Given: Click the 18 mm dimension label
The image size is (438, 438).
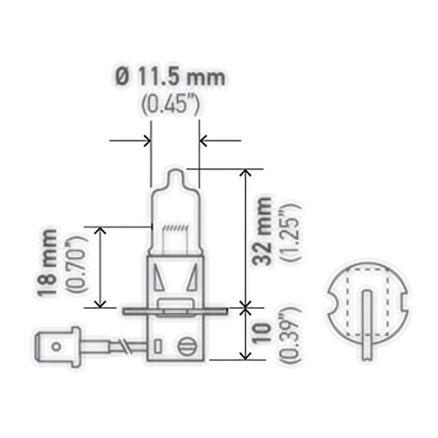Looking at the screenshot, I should click(x=49, y=264).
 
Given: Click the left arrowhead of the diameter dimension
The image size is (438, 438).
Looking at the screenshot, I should click(x=147, y=141).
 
